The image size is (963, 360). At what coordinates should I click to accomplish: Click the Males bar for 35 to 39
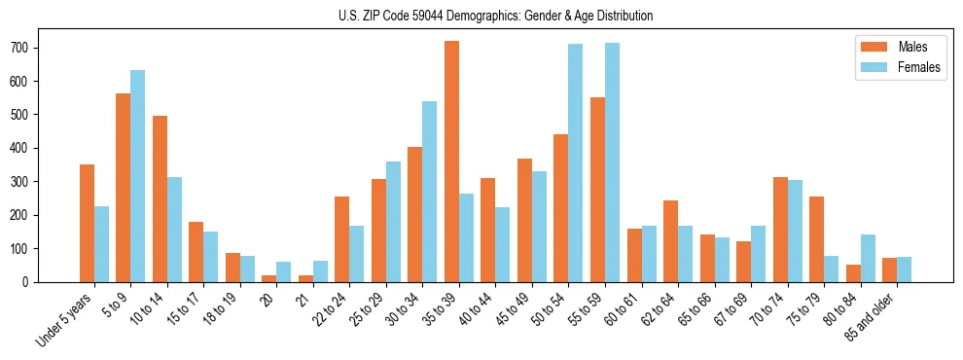pyautogui.click(x=451, y=162)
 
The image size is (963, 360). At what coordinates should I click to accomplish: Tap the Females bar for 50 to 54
pyautogui.click(x=576, y=162)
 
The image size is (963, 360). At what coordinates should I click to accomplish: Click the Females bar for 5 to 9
pyautogui.click(x=137, y=176)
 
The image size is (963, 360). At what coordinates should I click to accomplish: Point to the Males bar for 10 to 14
pyautogui.click(x=160, y=198)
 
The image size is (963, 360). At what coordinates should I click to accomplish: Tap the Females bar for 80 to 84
pyautogui.click(x=868, y=258)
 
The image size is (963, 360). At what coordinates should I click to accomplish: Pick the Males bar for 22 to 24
pyautogui.click(x=342, y=239)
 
